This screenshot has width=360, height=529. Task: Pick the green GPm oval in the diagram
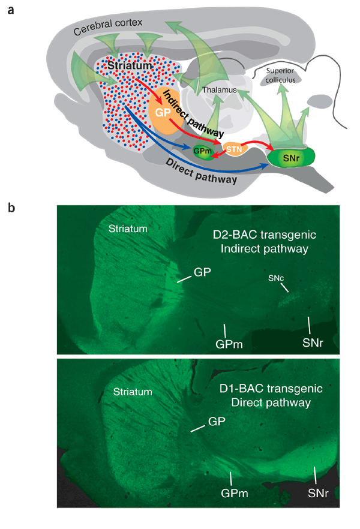click(x=202, y=152)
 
